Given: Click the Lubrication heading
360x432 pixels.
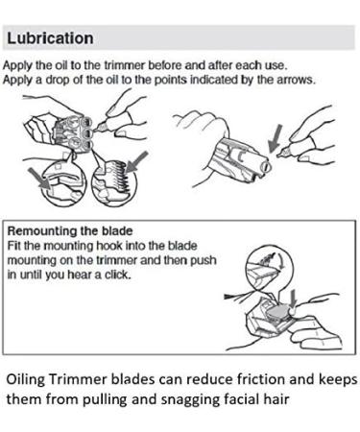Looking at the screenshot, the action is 50,38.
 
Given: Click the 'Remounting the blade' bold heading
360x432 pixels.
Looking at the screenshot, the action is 70,230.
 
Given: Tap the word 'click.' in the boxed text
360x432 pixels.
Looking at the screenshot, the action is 118,275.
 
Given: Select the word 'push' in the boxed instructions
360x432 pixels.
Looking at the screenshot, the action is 204,261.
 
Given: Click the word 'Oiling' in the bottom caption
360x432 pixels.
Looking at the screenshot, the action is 26,380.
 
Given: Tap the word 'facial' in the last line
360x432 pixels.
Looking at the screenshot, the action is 240,398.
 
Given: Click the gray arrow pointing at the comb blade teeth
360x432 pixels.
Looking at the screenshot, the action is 137,163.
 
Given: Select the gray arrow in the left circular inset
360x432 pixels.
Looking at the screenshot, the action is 39,180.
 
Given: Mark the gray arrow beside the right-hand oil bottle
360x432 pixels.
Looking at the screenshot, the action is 275,138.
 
